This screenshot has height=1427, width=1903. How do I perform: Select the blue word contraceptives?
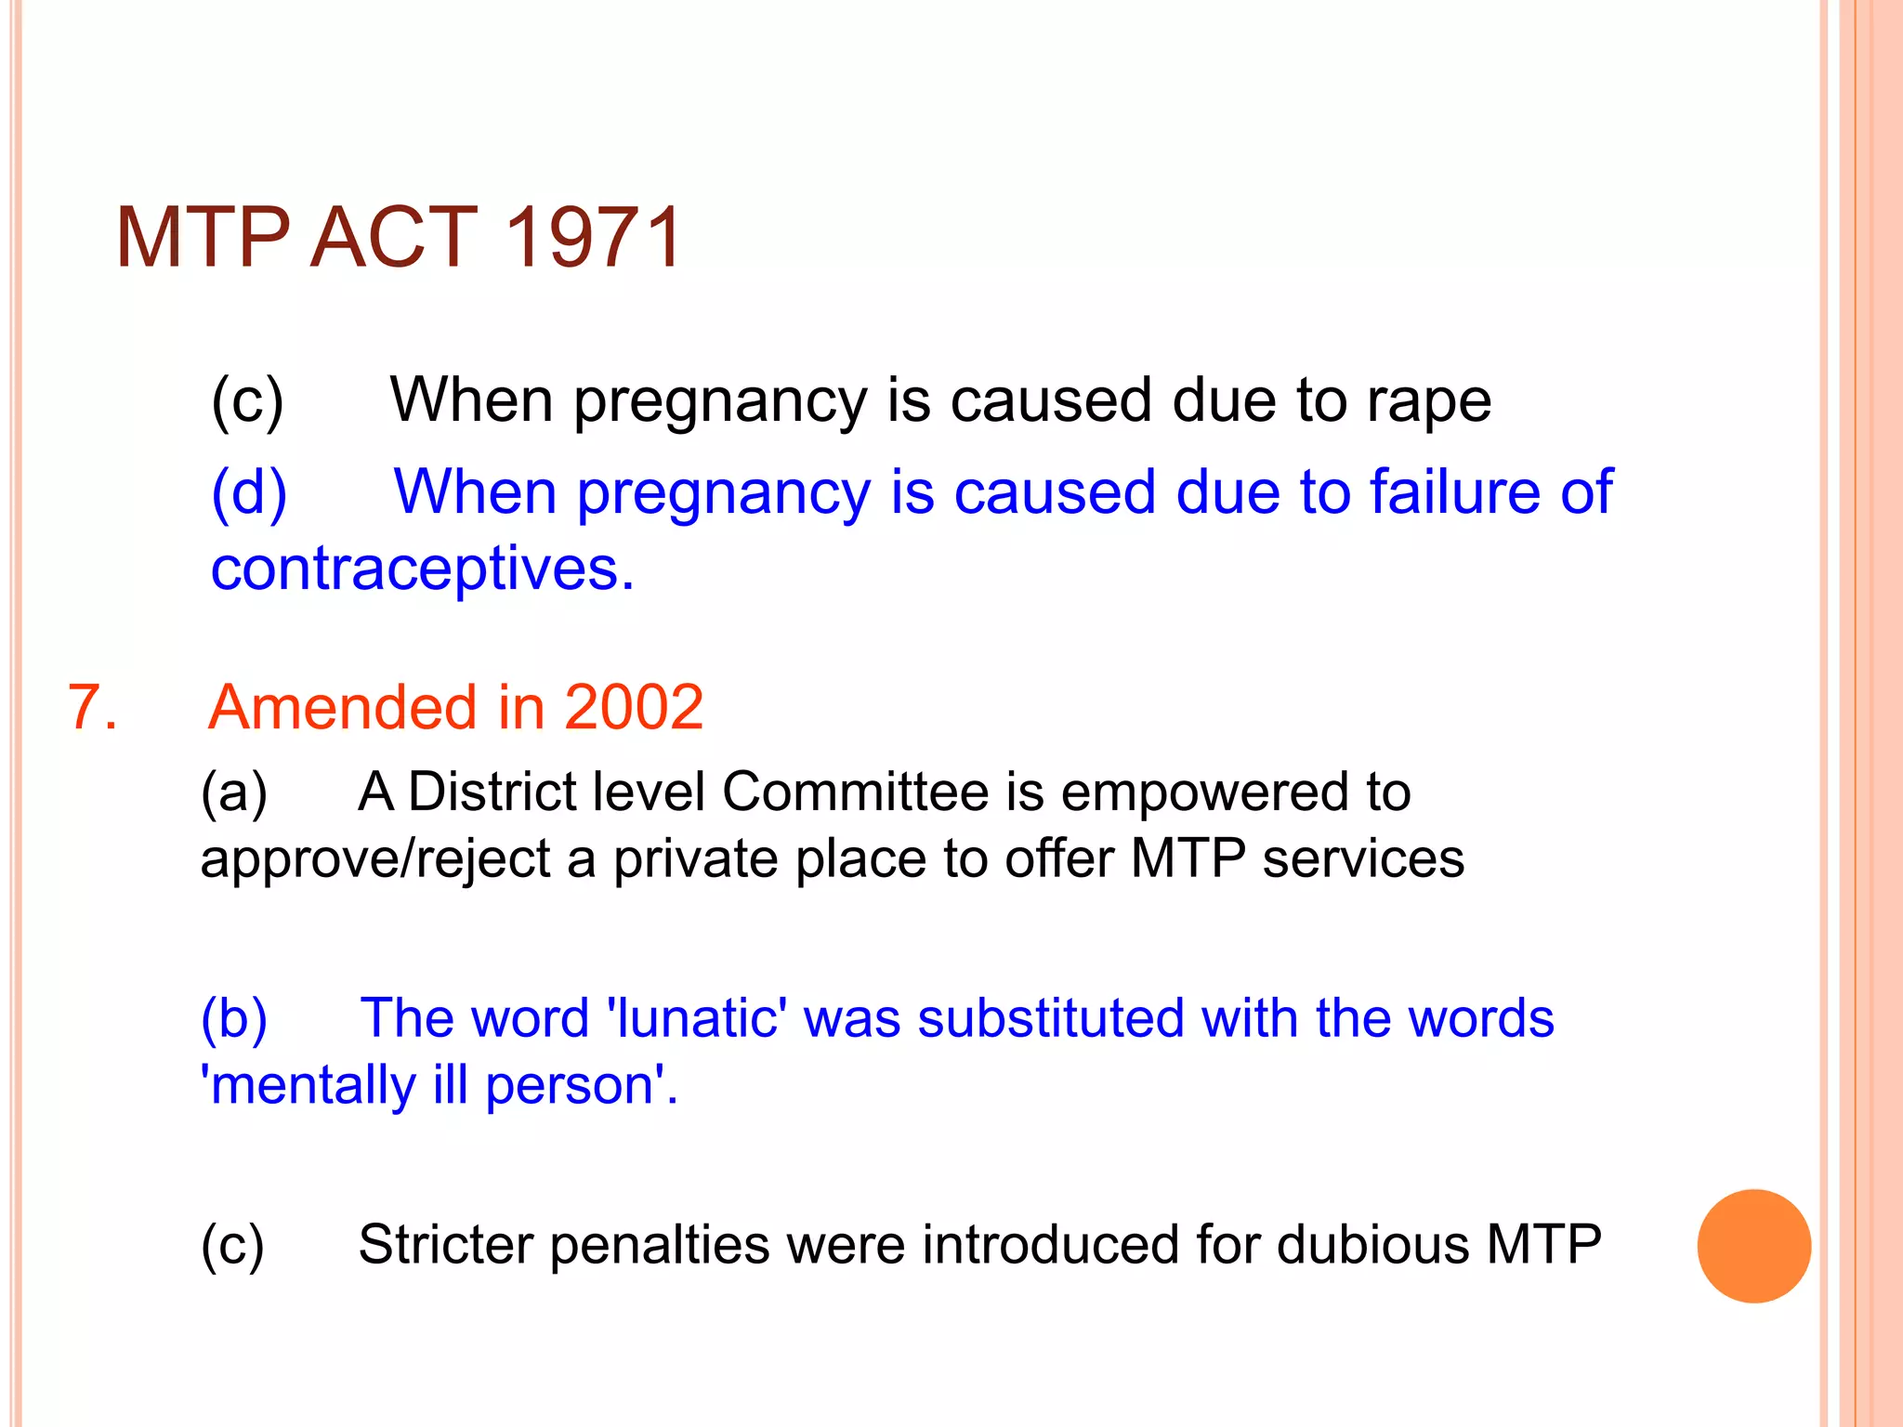tap(422, 569)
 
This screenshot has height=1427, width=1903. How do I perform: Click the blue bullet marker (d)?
tap(249, 492)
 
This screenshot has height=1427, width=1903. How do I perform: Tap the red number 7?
tap(92, 708)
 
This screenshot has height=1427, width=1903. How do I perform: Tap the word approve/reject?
tap(375, 859)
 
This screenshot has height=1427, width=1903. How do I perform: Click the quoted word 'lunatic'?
tap(696, 1018)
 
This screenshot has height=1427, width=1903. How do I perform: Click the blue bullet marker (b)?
tap(234, 1019)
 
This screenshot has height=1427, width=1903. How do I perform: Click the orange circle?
tap(1753, 1246)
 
